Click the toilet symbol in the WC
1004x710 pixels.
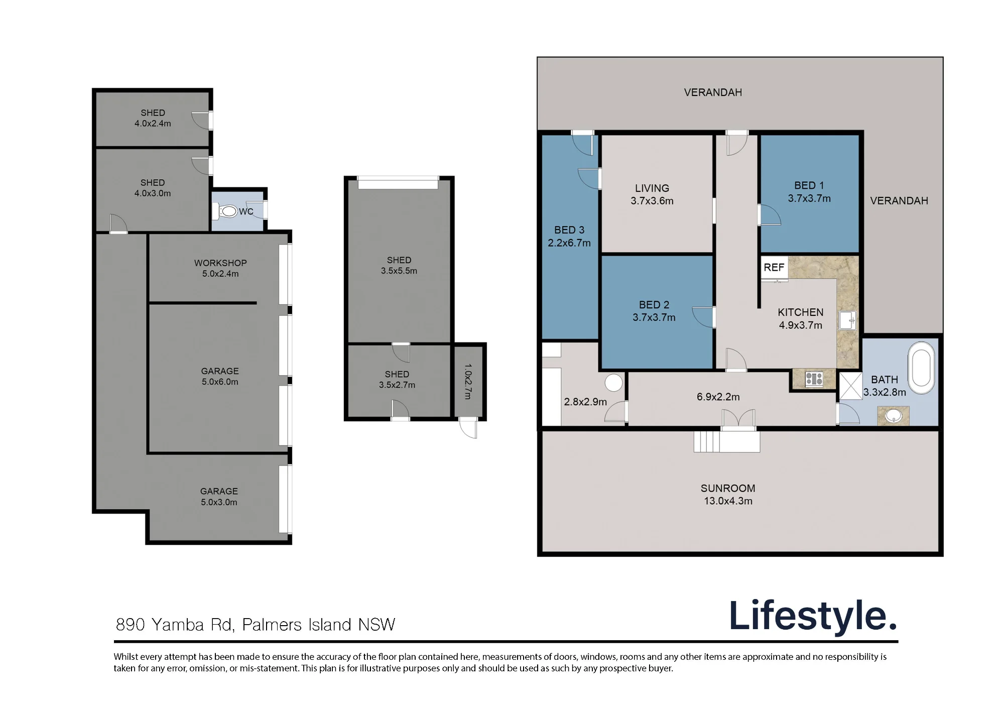click(x=226, y=211)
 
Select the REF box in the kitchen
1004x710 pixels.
click(x=774, y=267)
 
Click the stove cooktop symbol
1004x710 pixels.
click(x=814, y=379)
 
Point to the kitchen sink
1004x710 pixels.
click(x=847, y=320)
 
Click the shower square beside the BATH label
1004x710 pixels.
click(x=850, y=386)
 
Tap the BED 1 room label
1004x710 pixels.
click(x=809, y=186)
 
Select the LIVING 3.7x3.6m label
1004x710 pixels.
click(x=652, y=194)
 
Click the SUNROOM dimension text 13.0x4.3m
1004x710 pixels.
click(x=728, y=501)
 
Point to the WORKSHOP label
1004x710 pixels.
click(x=220, y=263)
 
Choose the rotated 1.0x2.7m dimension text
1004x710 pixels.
click(x=468, y=382)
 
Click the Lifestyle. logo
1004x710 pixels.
click(x=813, y=616)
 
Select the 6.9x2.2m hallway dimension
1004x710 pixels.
click(x=718, y=397)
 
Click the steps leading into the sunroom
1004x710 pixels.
click(x=707, y=442)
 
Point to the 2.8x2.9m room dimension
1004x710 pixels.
click(x=585, y=402)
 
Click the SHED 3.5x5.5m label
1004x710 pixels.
click(x=399, y=265)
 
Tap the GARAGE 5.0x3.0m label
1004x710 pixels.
click(x=219, y=497)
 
